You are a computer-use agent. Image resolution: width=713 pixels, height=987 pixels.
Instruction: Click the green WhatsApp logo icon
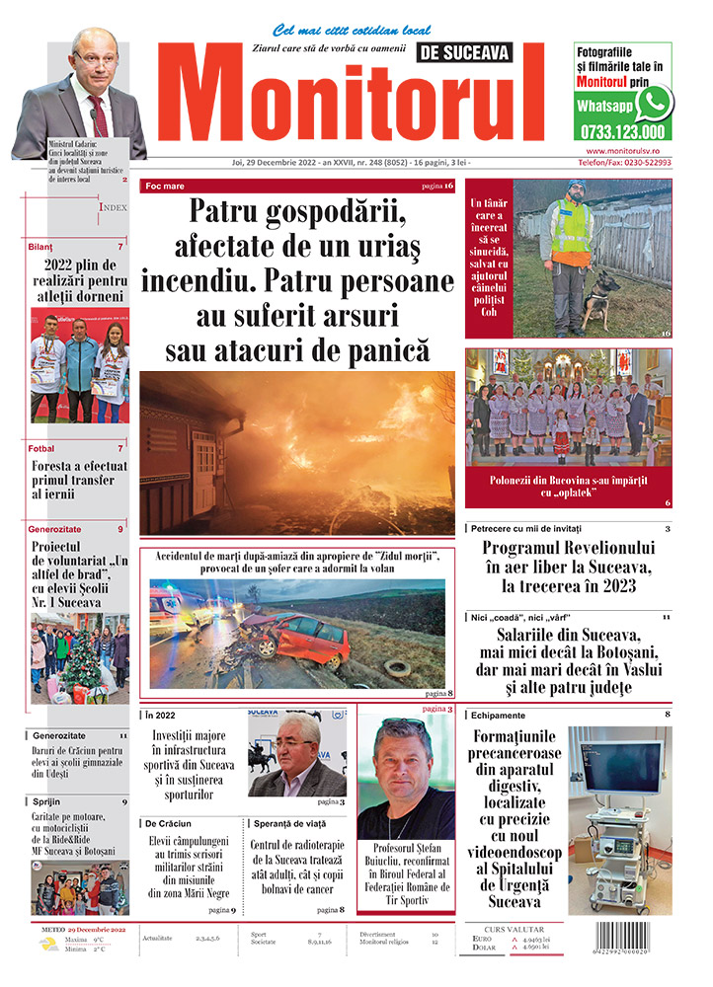click(654, 103)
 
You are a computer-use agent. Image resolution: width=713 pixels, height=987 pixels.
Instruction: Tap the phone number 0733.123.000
click(623, 131)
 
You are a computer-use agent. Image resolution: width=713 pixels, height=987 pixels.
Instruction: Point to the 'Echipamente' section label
click(499, 715)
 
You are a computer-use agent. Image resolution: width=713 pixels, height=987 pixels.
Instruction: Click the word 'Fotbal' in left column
click(42, 448)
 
